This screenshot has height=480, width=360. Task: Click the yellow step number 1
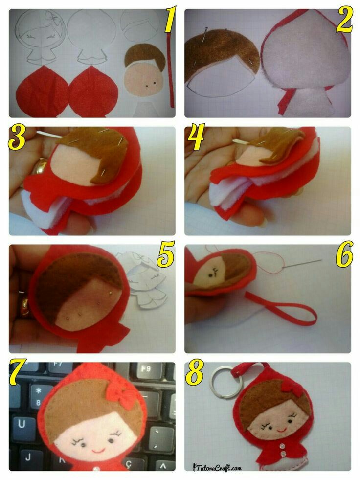(170, 20)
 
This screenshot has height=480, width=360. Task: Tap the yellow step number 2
(344, 20)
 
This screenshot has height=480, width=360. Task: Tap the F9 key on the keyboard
(146, 369)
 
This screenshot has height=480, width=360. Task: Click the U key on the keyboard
(22, 424)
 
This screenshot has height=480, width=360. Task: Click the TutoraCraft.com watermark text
(217, 467)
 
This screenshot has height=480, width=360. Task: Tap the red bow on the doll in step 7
(118, 393)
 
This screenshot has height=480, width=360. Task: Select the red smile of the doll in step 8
(282, 430)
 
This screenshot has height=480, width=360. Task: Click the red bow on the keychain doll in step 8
(289, 387)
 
